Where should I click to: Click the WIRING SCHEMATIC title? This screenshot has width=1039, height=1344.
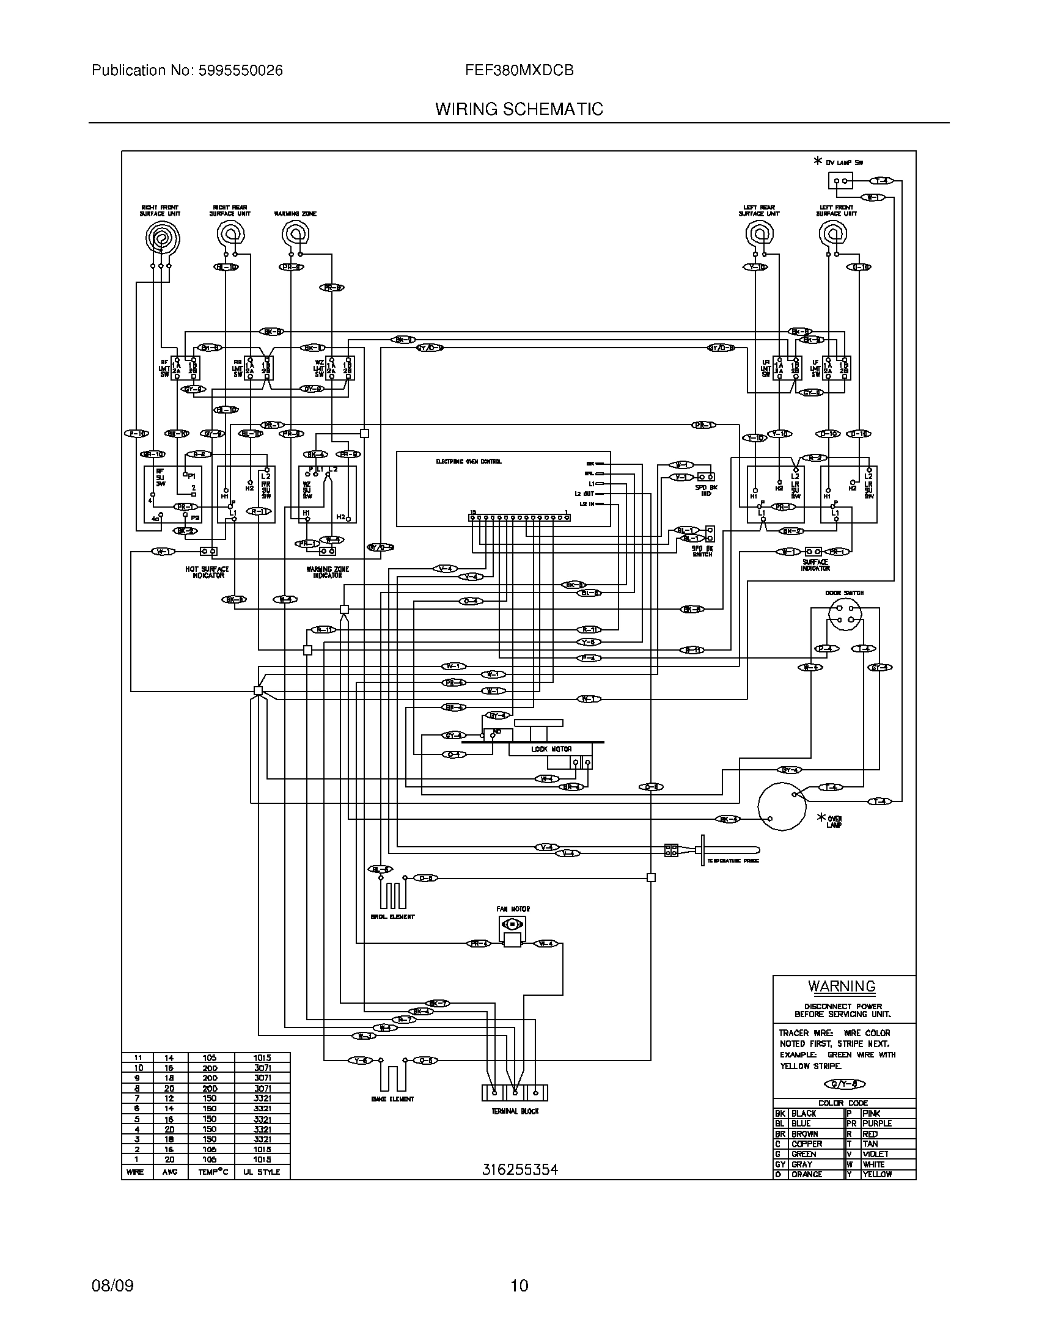(519, 109)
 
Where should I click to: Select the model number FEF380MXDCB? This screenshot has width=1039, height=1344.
(519, 70)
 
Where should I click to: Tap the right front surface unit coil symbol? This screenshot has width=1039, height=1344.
(163, 237)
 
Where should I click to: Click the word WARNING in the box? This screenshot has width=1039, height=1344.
(842, 987)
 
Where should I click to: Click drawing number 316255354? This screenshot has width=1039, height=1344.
(519, 1169)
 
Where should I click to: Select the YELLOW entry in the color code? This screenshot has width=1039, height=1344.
(876, 1174)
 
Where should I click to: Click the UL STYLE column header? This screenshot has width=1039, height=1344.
(261, 1172)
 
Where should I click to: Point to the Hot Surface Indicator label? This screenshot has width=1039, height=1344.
(207, 572)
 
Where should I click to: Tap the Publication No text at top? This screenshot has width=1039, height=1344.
(187, 70)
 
